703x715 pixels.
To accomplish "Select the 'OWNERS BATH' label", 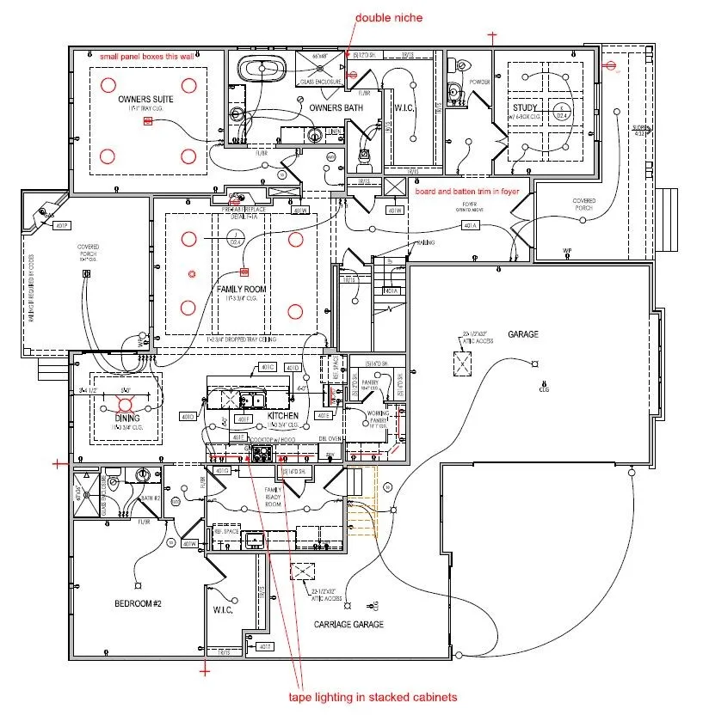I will click(336, 107).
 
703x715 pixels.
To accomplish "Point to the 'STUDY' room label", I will click(524, 108).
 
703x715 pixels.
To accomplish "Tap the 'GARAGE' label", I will click(523, 334).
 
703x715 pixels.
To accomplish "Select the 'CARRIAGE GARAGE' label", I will click(348, 624).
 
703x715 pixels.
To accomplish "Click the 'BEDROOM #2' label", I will click(139, 603).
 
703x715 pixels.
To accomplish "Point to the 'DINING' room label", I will click(127, 419).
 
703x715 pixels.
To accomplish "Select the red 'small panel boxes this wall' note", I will click(146, 56).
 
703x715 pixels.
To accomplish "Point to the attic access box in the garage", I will click(462, 365).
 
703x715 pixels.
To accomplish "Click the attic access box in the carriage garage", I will click(303, 573).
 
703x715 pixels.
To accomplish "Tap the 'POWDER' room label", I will click(479, 82).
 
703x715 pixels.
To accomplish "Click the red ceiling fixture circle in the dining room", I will click(126, 403).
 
